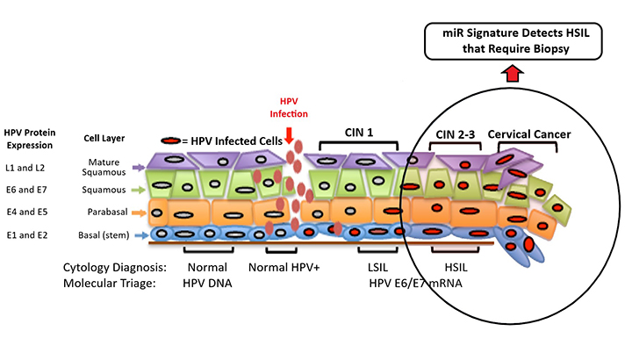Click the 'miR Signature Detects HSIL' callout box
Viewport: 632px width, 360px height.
click(513, 41)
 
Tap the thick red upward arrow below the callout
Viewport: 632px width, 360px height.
click(513, 74)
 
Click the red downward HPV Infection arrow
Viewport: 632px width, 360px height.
click(289, 136)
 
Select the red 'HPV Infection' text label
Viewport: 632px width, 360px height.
click(289, 108)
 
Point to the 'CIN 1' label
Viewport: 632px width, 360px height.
click(359, 133)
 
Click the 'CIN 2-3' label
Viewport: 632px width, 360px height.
click(456, 134)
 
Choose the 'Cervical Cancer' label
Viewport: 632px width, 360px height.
click(529, 134)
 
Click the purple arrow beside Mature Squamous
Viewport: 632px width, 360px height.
click(139, 168)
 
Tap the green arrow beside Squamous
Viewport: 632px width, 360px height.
click(139, 190)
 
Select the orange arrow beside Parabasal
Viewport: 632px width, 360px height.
click(139, 212)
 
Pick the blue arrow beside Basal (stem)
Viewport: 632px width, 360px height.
click(141, 235)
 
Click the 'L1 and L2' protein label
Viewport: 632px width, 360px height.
click(25, 168)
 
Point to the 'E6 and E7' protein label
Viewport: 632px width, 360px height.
click(26, 190)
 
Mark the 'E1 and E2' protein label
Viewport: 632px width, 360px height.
click(27, 235)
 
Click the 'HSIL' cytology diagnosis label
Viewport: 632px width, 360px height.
click(456, 267)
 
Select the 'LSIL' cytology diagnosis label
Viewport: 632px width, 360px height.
click(377, 267)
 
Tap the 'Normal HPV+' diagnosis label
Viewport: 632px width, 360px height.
click(284, 267)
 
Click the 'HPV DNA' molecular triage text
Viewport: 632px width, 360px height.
click(207, 284)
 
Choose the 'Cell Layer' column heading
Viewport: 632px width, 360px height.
click(104, 138)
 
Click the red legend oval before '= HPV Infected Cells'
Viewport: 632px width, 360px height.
click(171, 140)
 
